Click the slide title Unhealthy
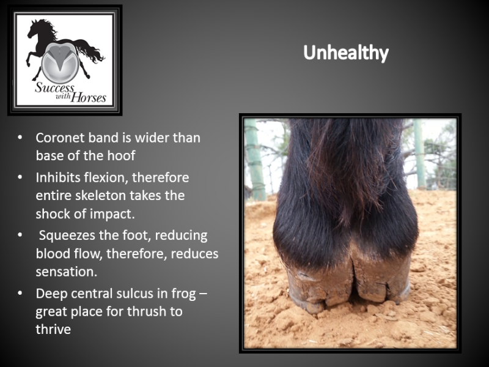[346, 53]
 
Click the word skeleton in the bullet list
[102, 196]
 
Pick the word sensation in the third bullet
[66, 272]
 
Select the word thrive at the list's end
[53, 330]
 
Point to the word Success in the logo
[54, 87]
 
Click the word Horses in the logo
[88, 98]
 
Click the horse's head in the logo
[34, 29]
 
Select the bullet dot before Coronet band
[20, 137]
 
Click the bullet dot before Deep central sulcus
[20, 293]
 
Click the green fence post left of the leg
[255, 159]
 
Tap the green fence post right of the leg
[419, 153]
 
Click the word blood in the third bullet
[52, 254]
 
